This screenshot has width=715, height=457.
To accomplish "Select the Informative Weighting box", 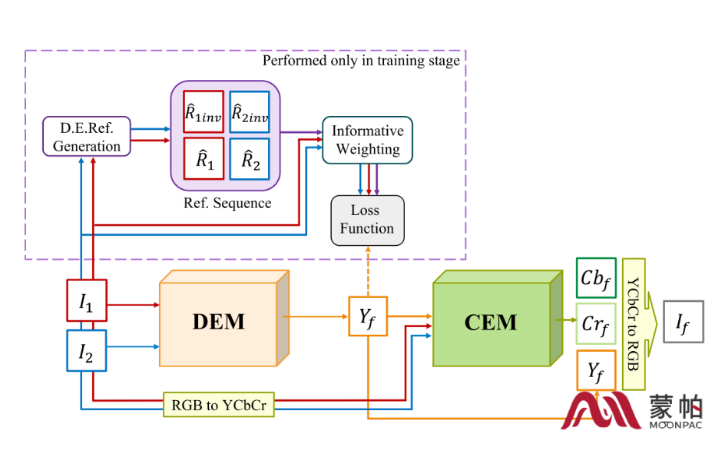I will coord(367,139).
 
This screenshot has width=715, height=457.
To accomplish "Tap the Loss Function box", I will coord(367,220).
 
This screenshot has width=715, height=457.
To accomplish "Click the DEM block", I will coord(218,320).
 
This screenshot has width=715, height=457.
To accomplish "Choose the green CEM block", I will coord(492,322).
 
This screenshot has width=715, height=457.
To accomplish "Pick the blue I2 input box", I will coord(87,350).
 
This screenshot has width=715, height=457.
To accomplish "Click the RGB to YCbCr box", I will coord(218,405).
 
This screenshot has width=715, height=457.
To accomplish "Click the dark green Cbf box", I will coord(596,278).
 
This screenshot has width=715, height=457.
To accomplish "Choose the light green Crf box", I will coord(596,323).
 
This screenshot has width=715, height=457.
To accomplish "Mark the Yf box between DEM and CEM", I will coord(368,315).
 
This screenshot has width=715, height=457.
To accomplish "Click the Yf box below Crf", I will coord(596,370).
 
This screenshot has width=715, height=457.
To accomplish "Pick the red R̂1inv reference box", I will coord(204,112).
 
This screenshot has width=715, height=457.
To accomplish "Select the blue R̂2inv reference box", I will coord(250,112).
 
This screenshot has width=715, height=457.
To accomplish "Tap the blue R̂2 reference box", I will coord(250,159).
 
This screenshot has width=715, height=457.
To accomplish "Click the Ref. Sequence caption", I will coord(227,204).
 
